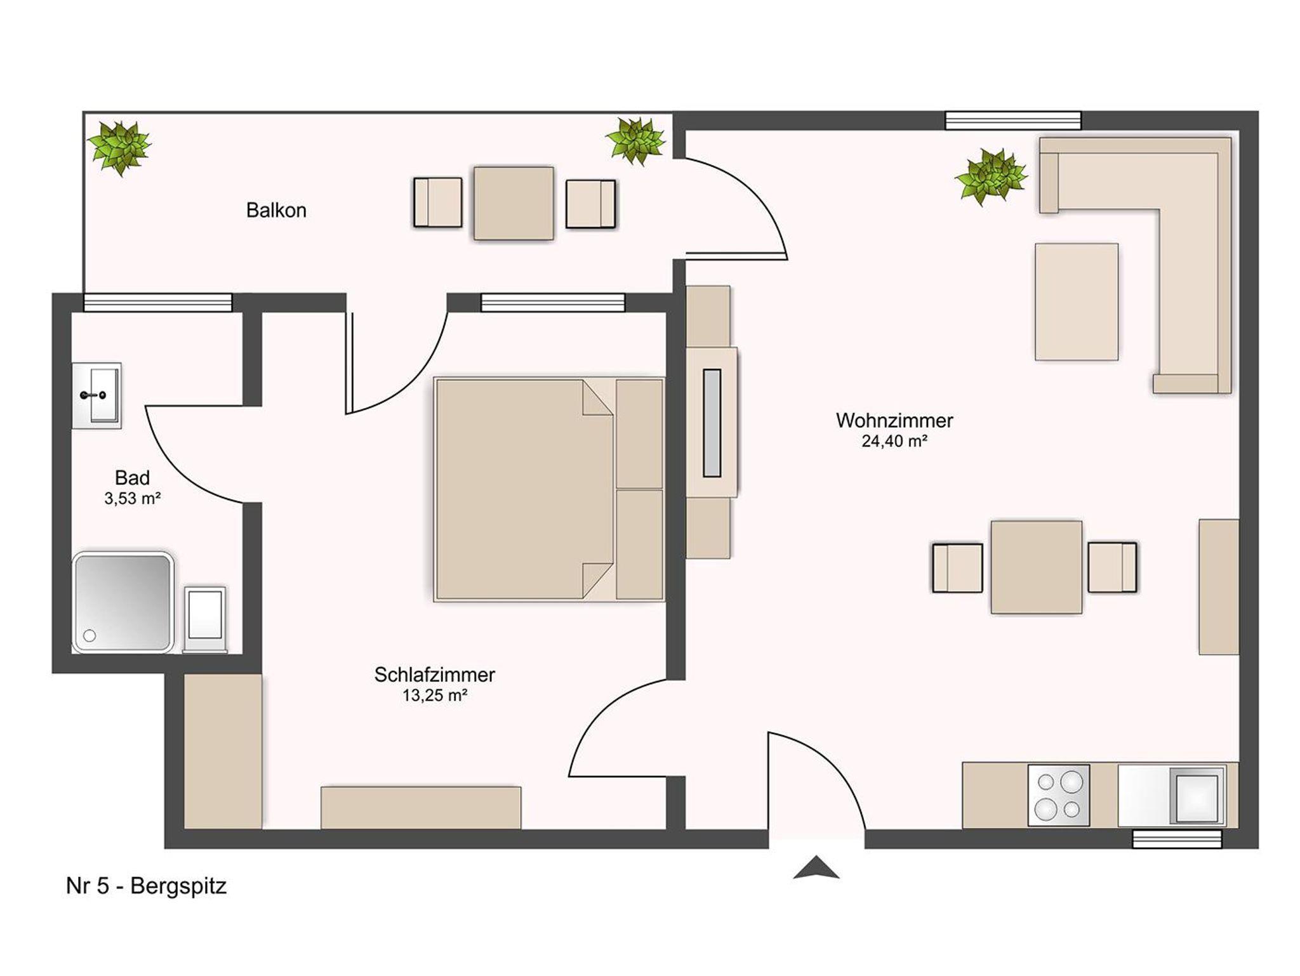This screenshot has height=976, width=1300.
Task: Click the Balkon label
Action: click(x=276, y=210)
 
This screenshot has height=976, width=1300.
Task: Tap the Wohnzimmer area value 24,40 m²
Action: click(x=894, y=441)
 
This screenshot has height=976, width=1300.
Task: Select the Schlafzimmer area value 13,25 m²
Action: click(x=435, y=696)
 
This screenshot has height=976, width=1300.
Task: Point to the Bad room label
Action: click(x=132, y=477)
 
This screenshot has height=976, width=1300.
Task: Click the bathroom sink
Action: click(x=96, y=395)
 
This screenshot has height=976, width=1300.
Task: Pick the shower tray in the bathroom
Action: click(x=123, y=602)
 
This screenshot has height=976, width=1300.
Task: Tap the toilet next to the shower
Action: click(x=205, y=619)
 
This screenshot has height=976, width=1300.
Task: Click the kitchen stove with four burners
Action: click(x=1058, y=795)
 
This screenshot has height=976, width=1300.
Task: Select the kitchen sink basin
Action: click(x=1197, y=795)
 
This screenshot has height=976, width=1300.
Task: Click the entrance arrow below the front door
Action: click(x=816, y=867)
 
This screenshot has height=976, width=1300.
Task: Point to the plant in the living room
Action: click(x=990, y=176)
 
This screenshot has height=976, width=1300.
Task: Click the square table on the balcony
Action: click(x=514, y=203)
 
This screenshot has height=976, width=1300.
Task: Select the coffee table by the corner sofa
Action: click(x=1077, y=302)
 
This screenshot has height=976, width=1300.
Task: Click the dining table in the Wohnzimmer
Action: click(x=1036, y=567)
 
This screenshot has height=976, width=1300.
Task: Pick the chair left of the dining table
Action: click(x=957, y=567)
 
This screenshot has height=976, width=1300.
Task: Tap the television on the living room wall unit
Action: click(x=712, y=423)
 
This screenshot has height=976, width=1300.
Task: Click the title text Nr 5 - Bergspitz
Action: click(x=146, y=886)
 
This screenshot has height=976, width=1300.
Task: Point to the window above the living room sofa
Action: click(x=1013, y=121)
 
